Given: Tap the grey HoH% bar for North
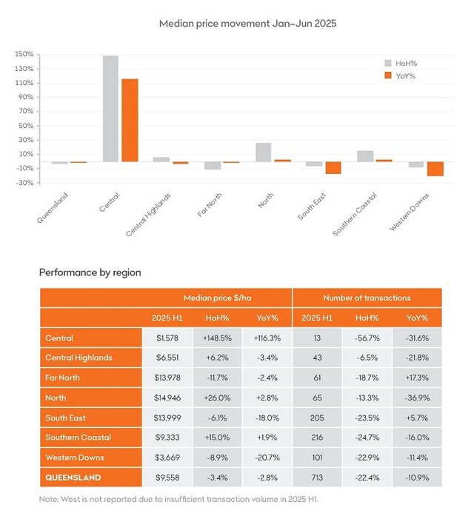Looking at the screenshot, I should point(263,152).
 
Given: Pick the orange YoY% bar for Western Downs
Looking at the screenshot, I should point(435,169).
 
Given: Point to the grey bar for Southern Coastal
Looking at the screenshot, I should point(365,156).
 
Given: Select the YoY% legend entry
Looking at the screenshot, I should point(405,75).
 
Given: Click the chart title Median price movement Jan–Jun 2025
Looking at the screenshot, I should point(237,24).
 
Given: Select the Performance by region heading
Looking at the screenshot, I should point(90,272).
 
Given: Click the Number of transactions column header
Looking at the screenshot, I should point(367,298).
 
